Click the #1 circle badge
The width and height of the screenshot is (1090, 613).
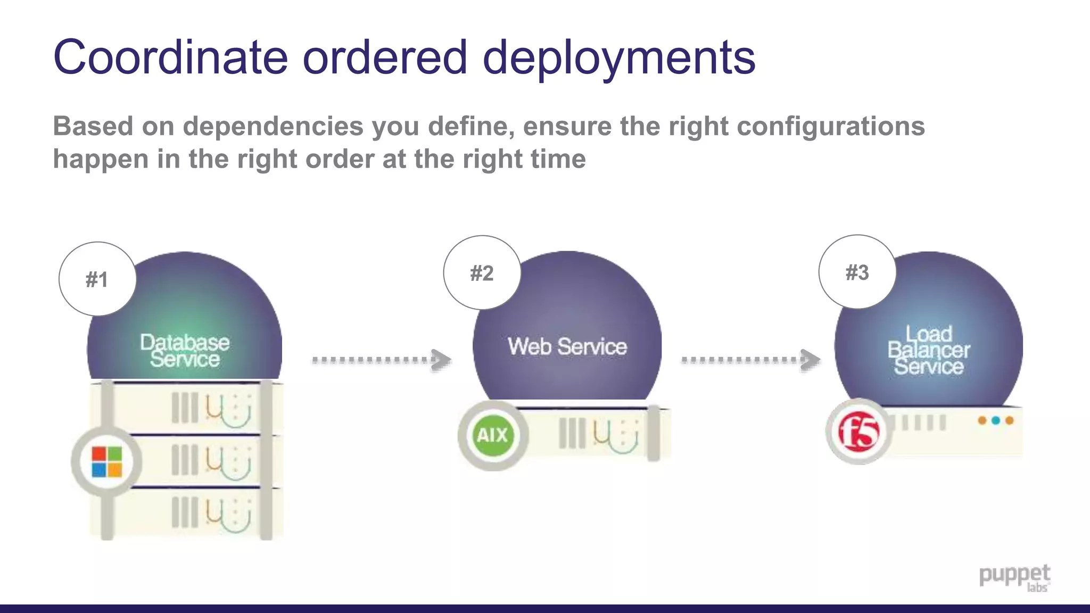[97, 279]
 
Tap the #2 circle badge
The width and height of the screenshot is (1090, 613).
[482, 272]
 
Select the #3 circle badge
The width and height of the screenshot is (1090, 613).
[857, 272]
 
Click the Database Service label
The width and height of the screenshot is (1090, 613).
[185, 351]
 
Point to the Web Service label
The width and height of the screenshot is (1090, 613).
[567, 346]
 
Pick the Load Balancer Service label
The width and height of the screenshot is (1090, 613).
[929, 350]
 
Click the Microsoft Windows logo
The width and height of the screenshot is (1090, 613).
[107, 461]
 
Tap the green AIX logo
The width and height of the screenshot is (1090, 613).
[492, 435]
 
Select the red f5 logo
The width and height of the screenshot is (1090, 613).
[858, 432]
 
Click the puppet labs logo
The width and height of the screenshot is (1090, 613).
[1014, 578]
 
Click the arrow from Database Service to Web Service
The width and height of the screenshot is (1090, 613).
[381, 360]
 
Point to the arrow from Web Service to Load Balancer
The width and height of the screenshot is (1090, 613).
[750, 360]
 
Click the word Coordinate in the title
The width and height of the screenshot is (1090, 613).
[170, 57]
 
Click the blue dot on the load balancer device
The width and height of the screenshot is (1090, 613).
[995, 420]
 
